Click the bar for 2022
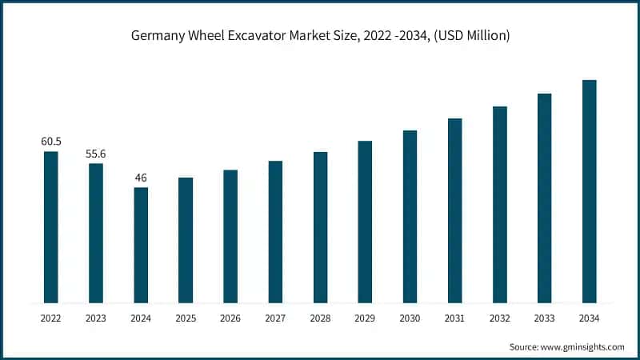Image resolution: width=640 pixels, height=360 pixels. click(x=51, y=227)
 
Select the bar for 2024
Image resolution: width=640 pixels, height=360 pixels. click(x=141, y=246)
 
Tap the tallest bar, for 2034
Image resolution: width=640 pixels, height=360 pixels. click(x=590, y=192)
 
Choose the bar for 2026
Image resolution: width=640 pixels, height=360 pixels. click(x=230, y=237)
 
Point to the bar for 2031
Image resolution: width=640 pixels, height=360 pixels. click(x=455, y=211)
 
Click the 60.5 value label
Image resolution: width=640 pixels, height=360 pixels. click(x=51, y=142)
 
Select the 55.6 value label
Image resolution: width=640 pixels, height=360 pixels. click(x=96, y=154)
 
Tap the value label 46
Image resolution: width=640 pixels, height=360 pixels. click(x=141, y=178)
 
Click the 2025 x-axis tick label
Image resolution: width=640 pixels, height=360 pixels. click(x=186, y=318)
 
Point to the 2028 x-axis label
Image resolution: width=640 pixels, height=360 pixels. click(x=320, y=318)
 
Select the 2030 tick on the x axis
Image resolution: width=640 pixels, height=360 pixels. click(x=410, y=318)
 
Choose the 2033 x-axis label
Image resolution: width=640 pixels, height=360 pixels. click(x=545, y=318)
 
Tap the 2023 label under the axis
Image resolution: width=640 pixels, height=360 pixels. click(x=96, y=318)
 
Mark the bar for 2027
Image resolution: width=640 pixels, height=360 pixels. click(x=275, y=232)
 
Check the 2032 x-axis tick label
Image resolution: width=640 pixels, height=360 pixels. click(x=500, y=318)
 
